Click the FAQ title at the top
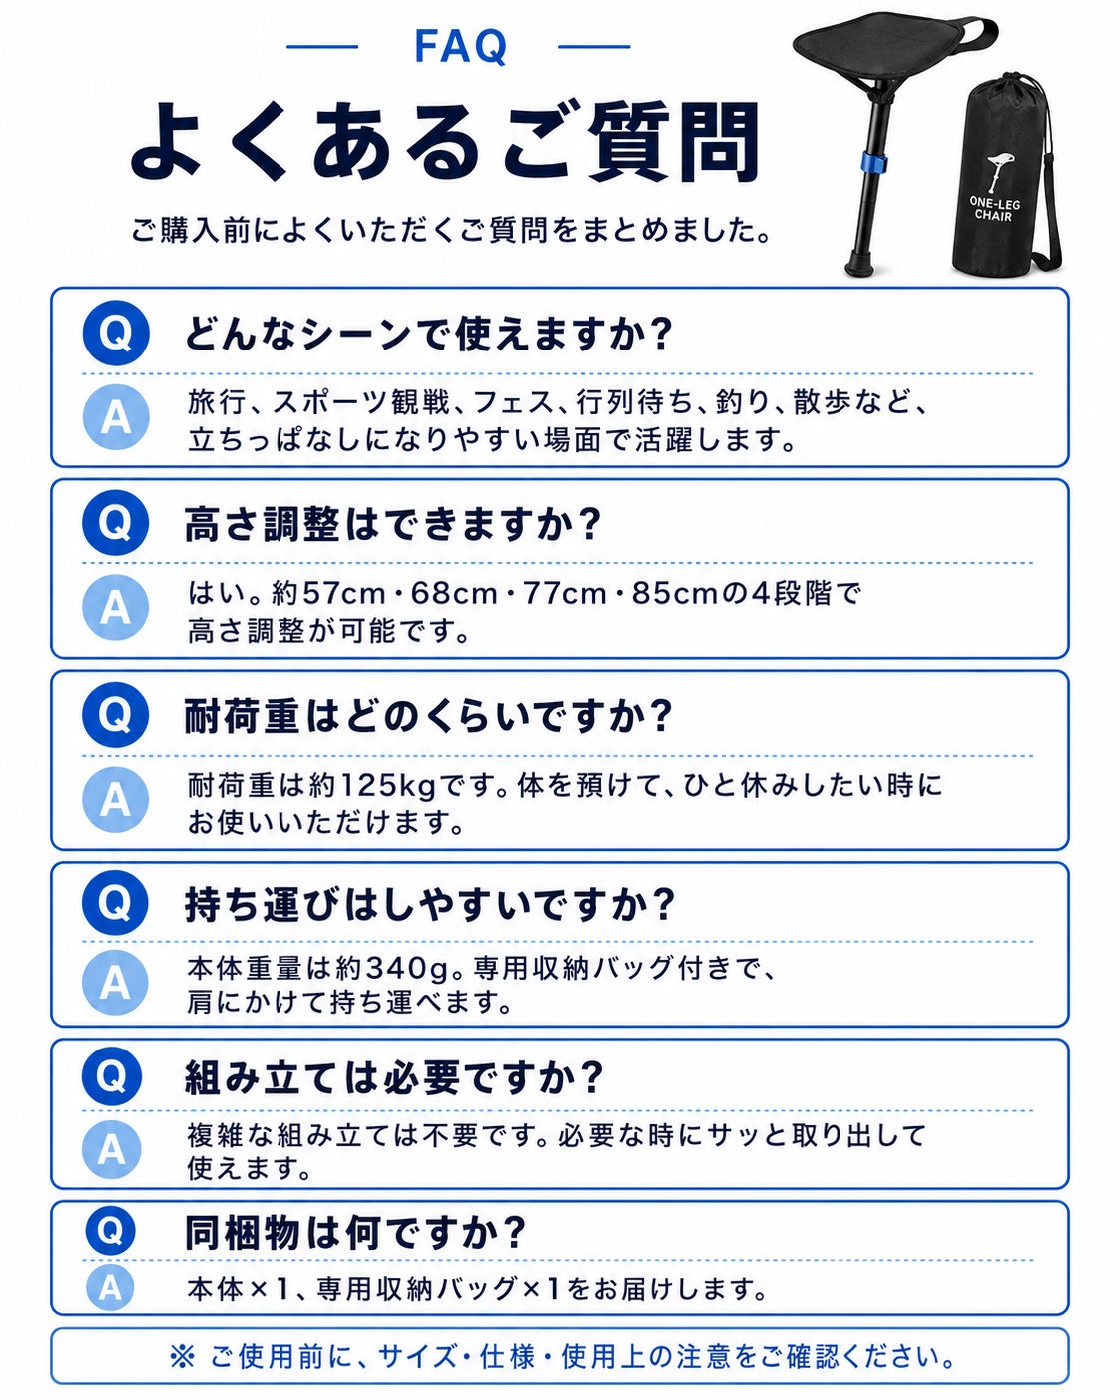coord(460,46)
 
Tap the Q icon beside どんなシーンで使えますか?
coord(116,334)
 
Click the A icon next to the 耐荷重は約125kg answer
coord(115,800)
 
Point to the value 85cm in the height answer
coord(674,593)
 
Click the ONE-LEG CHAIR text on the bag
coord(994,208)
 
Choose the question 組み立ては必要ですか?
coord(393,1078)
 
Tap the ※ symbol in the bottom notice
coord(182,1356)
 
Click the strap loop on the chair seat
coord(979,29)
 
